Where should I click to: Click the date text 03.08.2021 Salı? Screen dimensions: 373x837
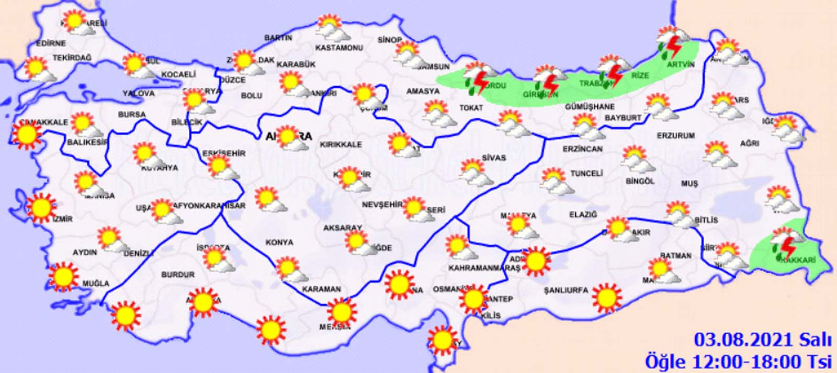click(x=762, y=340)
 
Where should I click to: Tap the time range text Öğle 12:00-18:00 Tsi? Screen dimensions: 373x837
click(x=738, y=361)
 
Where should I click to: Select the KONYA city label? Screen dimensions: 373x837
click(x=279, y=242)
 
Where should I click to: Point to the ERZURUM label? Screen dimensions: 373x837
click(x=676, y=135)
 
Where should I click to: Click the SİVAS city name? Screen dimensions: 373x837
click(x=494, y=157)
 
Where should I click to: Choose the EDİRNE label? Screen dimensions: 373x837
click(x=51, y=43)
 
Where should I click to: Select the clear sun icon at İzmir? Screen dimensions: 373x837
click(x=41, y=207)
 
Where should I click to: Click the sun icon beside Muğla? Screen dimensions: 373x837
click(x=63, y=276)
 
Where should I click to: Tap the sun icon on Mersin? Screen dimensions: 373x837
click(x=342, y=312)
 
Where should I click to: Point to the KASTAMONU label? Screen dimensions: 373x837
click(x=339, y=48)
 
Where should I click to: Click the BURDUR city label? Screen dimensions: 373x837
click(x=178, y=275)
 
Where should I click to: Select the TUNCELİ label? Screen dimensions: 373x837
click(x=586, y=173)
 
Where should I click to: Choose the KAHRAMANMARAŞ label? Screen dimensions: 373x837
click(x=484, y=268)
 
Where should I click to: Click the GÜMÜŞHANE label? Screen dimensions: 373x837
click(x=590, y=107)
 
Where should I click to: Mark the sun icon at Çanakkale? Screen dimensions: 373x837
click(x=26, y=134)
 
